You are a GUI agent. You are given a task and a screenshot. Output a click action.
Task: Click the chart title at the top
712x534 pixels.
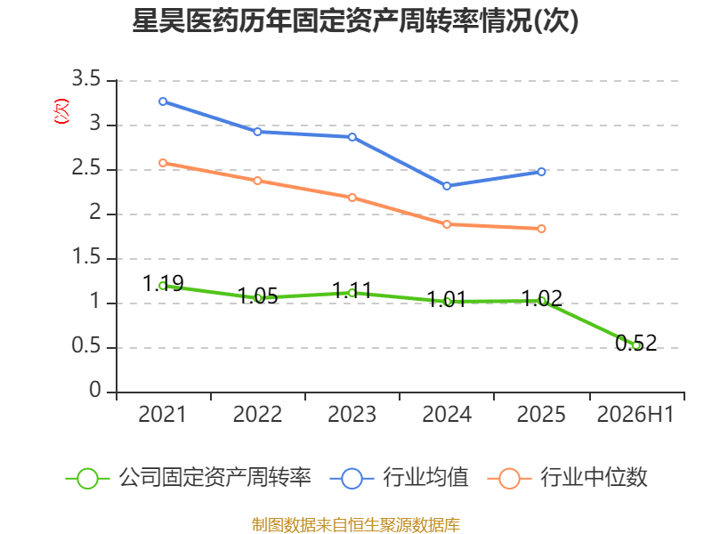point(355,20)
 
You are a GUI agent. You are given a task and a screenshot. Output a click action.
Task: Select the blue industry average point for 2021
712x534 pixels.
point(163,101)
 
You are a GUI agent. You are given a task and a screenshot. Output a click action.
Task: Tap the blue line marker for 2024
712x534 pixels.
point(447,186)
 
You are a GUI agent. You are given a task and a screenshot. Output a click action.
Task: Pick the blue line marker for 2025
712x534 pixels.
point(541,172)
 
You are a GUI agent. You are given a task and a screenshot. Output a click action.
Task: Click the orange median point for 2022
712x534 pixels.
point(257,181)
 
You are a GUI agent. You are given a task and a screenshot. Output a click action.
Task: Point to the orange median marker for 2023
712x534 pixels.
point(352,198)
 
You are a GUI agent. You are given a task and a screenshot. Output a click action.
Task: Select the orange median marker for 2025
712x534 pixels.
point(541,229)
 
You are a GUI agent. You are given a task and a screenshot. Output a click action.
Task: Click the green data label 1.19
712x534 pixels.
point(163,284)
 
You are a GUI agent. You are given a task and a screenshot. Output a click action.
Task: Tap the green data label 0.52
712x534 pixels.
point(636,344)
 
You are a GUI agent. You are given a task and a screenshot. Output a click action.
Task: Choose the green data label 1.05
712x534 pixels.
point(257,296)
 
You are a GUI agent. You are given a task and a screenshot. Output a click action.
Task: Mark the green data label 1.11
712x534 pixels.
point(352,291)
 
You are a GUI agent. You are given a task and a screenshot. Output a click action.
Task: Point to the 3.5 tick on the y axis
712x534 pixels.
point(85,79)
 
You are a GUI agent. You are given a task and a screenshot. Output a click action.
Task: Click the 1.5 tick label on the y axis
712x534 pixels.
point(85,257)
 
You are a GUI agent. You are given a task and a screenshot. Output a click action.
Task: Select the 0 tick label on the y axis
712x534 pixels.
point(95,391)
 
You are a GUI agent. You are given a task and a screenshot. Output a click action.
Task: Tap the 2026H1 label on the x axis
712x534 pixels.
point(635,415)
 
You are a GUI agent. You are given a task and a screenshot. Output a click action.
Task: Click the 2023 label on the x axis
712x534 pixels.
point(352,415)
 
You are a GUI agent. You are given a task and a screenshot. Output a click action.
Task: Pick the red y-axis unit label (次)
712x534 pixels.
point(61,111)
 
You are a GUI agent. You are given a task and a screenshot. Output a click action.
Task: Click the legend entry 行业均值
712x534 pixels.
point(399,478)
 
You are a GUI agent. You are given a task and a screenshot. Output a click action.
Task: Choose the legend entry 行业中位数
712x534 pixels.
point(568,478)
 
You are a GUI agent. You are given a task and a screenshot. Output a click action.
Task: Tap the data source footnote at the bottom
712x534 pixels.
point(355,525)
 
